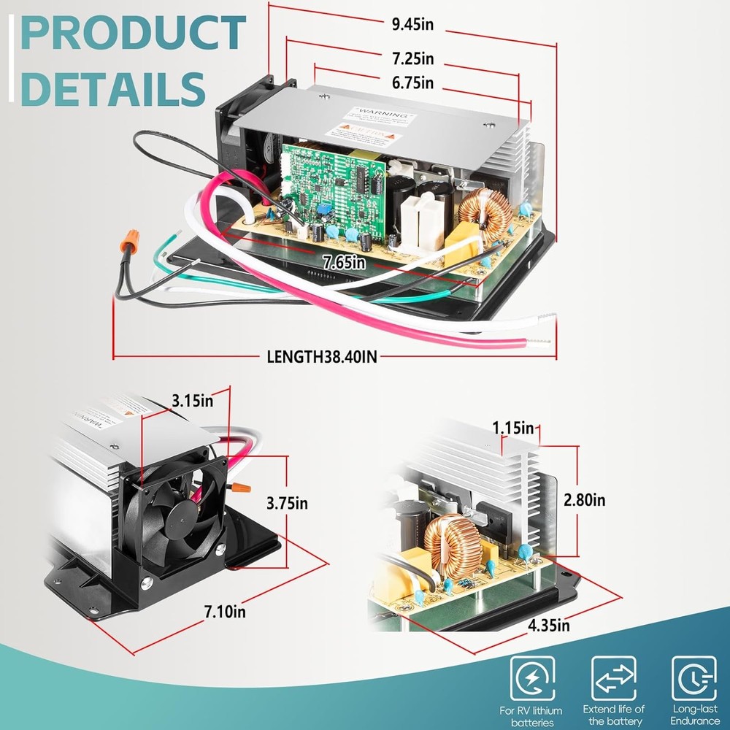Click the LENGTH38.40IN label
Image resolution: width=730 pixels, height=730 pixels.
coord(322,357)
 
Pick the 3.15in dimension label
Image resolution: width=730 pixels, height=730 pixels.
coord(193,400)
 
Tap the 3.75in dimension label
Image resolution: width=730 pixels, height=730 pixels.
coord(287,503)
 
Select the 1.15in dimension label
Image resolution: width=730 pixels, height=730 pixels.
coord(512,428)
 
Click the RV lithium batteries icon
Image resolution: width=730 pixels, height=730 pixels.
coord(531,679)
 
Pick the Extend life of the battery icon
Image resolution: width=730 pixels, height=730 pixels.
coord(613,679)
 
